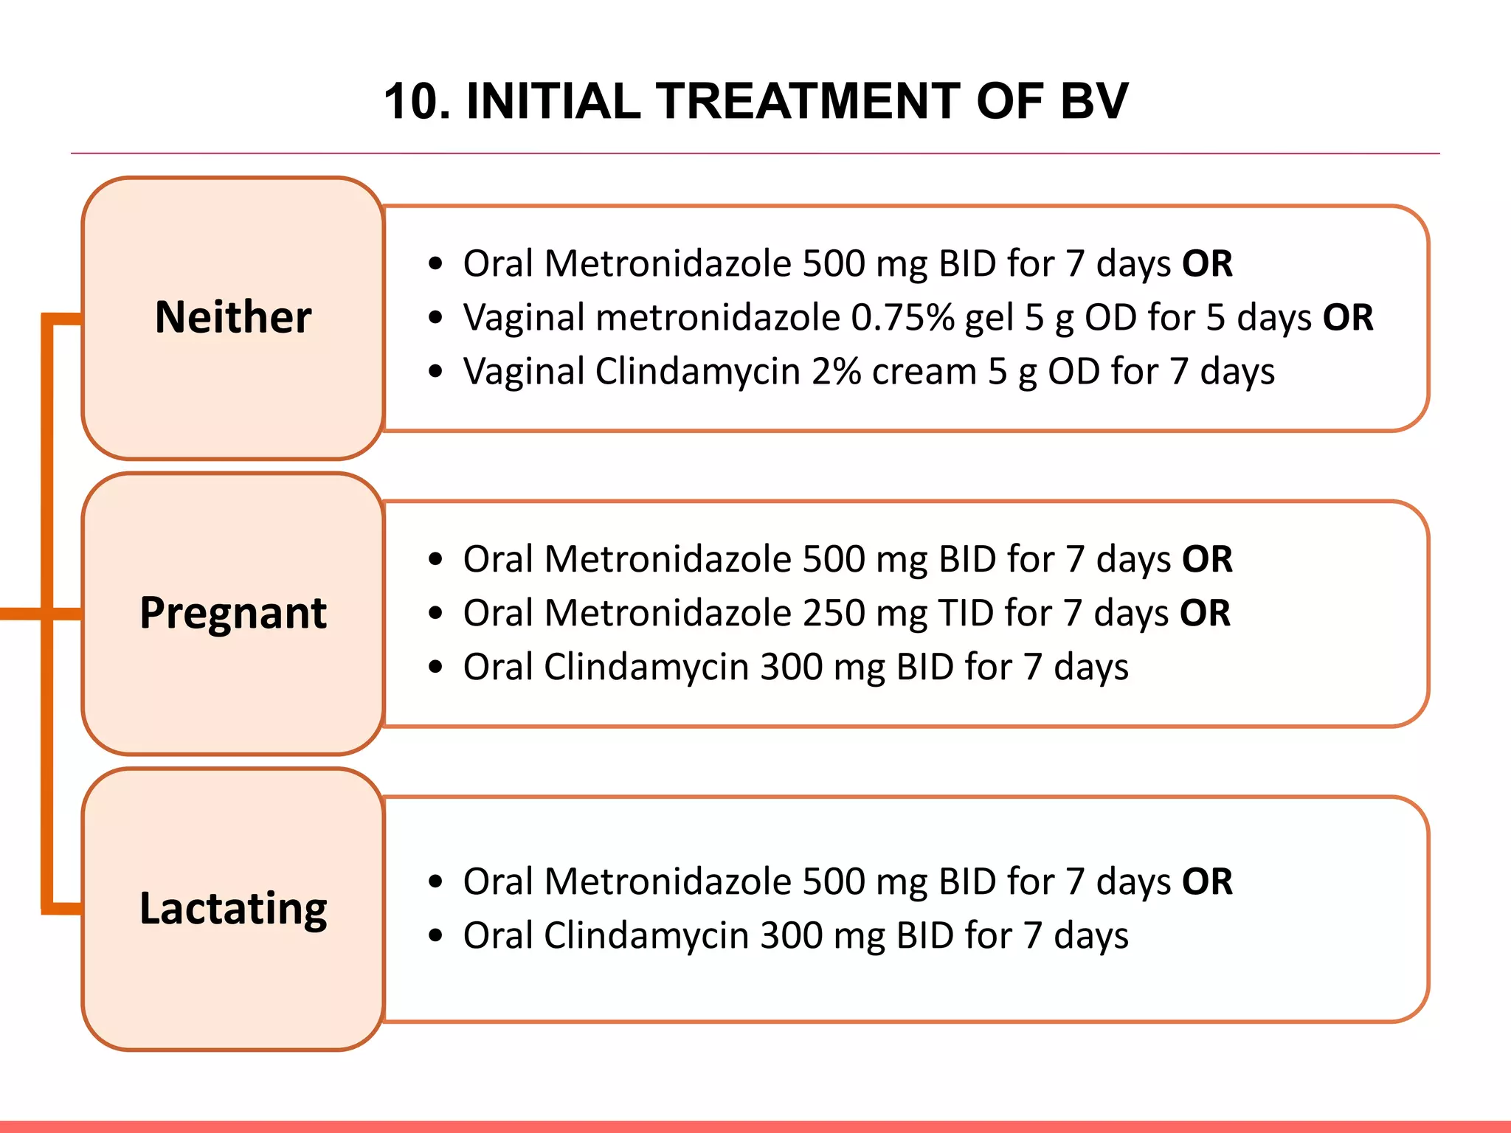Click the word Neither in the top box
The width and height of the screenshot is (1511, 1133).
tap(233, 317)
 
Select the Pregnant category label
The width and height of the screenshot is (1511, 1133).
tap(233, 613)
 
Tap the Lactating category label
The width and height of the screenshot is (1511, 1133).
tap(233, 908)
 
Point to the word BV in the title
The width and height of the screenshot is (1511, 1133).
tap(1094, 101)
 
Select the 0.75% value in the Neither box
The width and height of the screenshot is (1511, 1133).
tap(902, 318)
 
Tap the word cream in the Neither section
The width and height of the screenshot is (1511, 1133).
tap(924, 372)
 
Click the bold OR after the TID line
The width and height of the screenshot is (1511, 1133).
tap(1205, 613)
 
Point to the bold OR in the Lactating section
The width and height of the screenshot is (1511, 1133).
tap(1207, 881)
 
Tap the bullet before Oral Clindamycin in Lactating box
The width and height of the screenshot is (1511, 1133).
tap(435, 935)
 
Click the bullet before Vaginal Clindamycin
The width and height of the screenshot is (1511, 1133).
tap(435, 372)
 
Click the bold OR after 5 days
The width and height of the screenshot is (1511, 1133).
tap(1348, 318)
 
